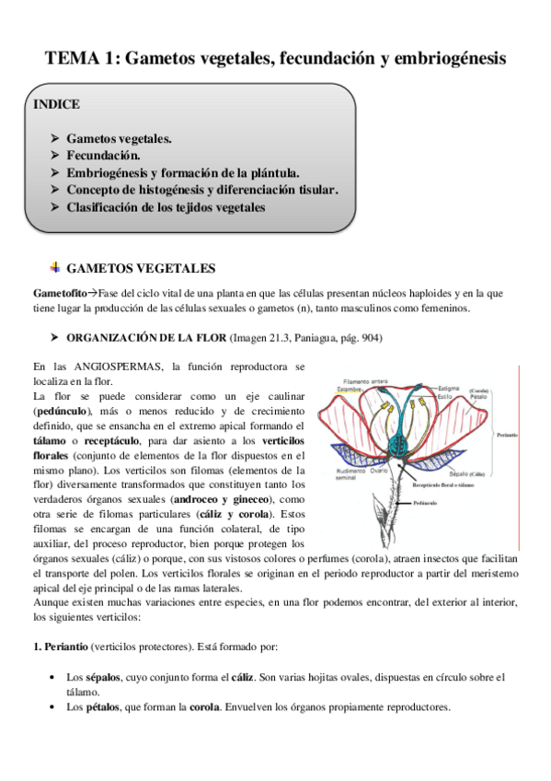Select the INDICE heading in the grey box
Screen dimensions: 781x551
pos(57,104)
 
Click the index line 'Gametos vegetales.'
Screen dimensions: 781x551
pos(119,139)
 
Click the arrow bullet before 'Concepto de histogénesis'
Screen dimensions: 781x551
pos(55,191)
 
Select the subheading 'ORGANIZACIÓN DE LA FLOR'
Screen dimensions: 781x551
pos(153,338)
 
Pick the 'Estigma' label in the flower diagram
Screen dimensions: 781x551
pos(452,389)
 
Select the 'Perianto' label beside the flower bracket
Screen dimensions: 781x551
pos(505,434)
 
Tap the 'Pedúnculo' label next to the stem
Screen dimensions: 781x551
pos(425,504)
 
